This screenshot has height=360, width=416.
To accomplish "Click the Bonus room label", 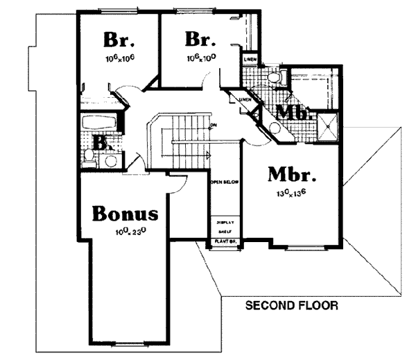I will (x=126, y=212).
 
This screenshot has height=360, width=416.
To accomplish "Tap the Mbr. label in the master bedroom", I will (x=292, y=173).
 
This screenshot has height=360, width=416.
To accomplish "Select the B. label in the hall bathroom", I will (x=101, y=144).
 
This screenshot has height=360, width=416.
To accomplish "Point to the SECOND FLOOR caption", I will (x=291, y=305).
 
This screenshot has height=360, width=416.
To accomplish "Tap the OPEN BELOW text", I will (x=225, y=181).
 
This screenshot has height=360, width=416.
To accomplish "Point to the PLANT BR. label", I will (x=225, y=242).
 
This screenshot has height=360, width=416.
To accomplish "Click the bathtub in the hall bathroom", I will (x=100, y=125).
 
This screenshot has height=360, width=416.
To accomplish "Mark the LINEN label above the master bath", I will (x=251, y=60).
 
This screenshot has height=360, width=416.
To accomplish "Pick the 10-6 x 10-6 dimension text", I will (x=119, y=58).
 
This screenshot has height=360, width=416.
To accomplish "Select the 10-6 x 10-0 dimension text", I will (x=200, y=58).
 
